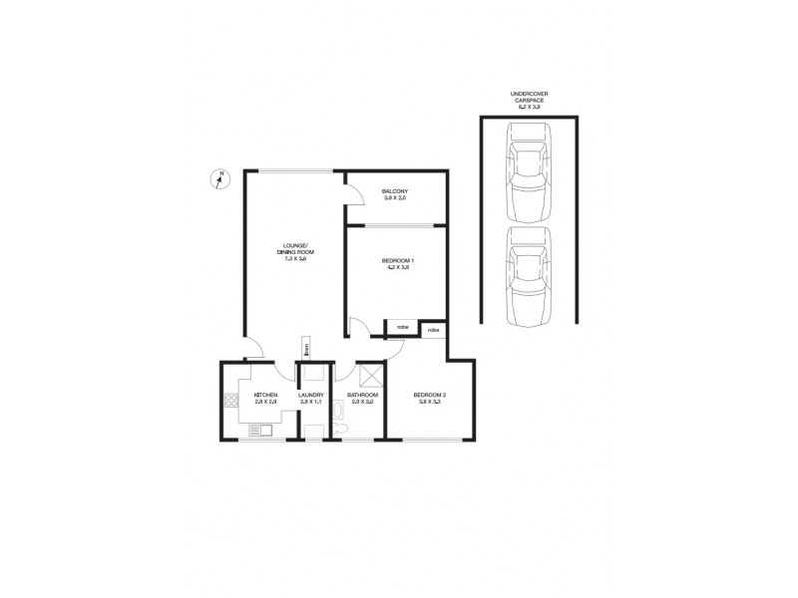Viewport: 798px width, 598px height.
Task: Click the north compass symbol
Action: click(x=219, y=180)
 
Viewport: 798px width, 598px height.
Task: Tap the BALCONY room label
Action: click(x=396, y=191)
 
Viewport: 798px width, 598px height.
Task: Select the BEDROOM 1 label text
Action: click(x=397, y=261)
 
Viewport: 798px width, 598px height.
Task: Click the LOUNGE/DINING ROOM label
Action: click(x=295, y=249)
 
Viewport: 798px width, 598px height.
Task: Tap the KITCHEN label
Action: click(x=264, y=395)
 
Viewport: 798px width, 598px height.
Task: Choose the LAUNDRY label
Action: click(x=311, y=395)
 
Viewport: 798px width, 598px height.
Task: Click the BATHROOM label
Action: click(x=360, y=395)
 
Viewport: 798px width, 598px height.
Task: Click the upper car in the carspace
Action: click(x=528, y=170)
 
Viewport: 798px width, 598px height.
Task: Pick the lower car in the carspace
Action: click(x=528, y=276)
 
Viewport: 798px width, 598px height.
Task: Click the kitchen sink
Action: click(x=262, y=430)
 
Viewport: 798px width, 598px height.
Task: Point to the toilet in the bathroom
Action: click(x=340, y=430)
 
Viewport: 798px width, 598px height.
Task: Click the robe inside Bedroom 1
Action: click(x=401, y=327)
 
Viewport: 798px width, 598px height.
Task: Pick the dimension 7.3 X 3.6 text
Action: click(x=295, y=259)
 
